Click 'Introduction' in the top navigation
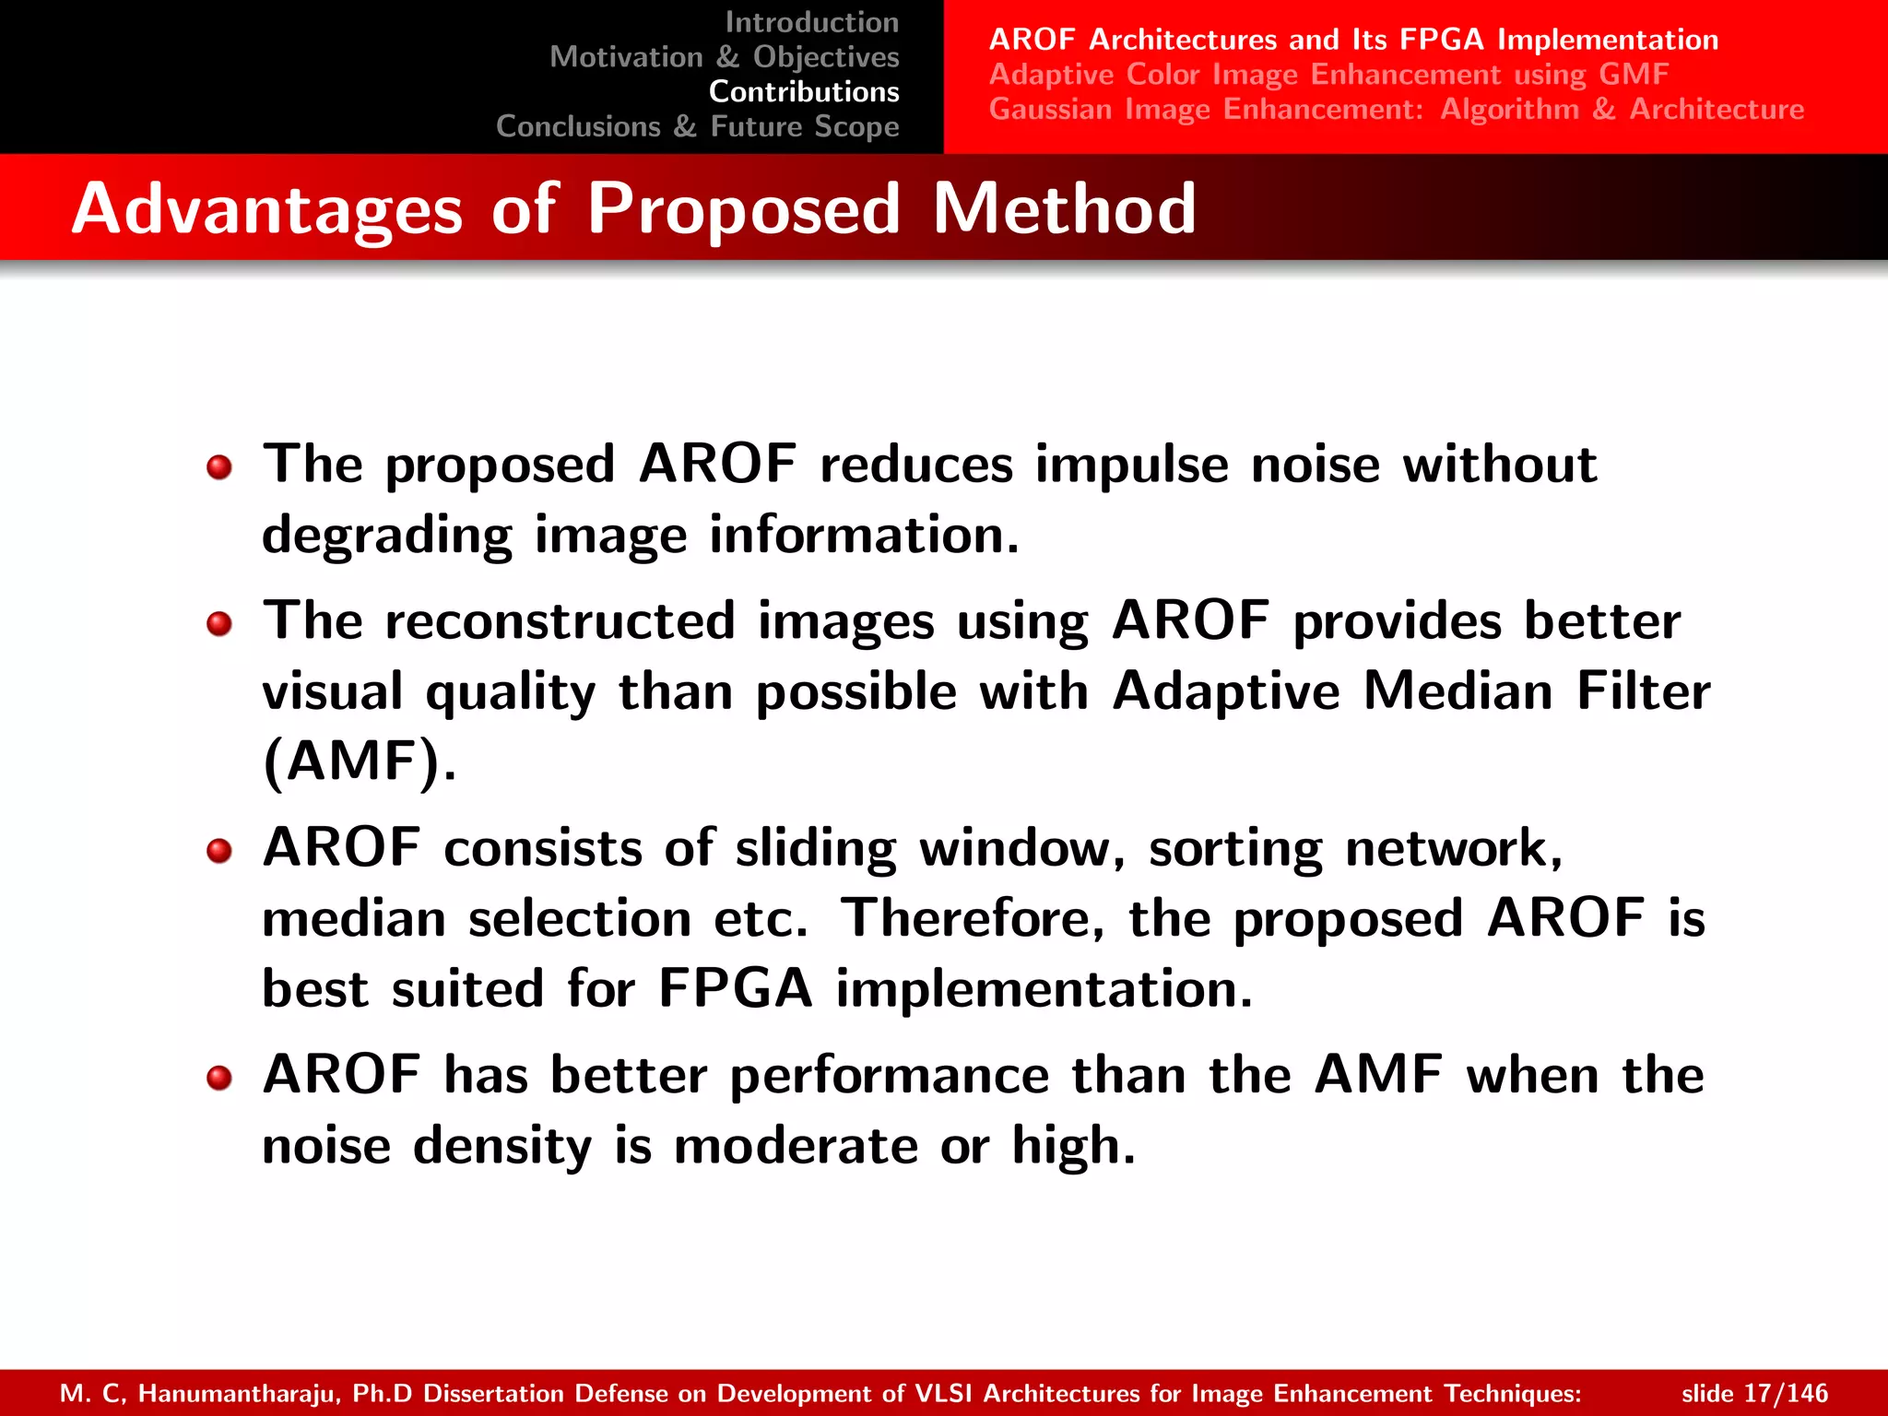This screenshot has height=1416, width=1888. coord(811,22)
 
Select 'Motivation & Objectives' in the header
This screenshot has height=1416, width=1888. coord(724,57)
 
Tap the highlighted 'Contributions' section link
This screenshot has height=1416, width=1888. coord(804,92)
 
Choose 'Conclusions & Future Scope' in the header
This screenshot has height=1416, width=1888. coord(697,126)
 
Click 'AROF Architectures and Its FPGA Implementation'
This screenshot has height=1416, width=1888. coord(1353,40)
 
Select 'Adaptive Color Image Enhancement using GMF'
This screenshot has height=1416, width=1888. coord(1328,75)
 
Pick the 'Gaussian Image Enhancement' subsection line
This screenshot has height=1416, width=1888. coord(1396,110)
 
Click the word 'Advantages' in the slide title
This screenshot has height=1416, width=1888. coord(267,209)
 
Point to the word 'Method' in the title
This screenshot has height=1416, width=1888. coord(1064,209)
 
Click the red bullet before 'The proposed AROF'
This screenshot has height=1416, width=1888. coord(219,467)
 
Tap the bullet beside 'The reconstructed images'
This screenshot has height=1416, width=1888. coord(219,624)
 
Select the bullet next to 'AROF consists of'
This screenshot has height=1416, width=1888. coord(219,851)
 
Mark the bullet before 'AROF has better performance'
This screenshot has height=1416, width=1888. coord(219,1078)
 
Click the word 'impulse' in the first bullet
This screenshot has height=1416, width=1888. coord(1131,465)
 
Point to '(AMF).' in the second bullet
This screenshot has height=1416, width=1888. coord(359,761)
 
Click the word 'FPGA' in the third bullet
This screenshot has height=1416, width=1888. coord(736,989)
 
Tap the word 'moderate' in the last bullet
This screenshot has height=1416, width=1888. coord(796,1146)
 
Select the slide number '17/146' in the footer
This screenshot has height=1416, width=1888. coord(1786,1393)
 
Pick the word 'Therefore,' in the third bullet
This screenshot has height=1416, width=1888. coord(973,918)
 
